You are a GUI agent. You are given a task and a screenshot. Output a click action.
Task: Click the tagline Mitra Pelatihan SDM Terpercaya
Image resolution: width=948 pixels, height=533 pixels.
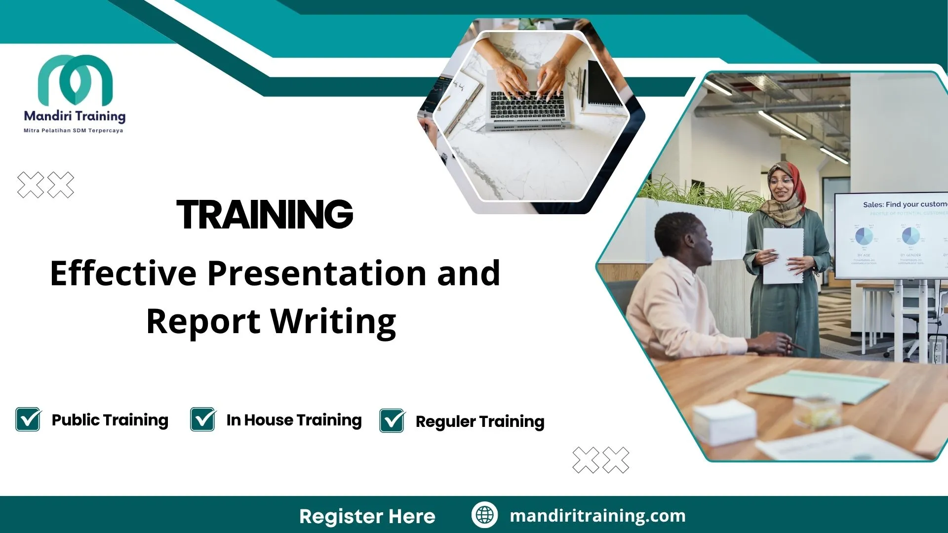tap(74, 131)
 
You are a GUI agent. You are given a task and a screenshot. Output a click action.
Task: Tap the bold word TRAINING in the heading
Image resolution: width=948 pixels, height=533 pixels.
tap(265, 215)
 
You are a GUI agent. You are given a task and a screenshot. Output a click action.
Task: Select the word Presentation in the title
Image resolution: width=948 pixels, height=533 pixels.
tap(316, 273)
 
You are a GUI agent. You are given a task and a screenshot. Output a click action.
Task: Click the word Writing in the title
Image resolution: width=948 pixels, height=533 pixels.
tap(333, 321)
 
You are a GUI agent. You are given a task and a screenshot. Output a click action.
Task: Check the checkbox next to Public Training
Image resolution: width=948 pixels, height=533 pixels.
tap(28, 419)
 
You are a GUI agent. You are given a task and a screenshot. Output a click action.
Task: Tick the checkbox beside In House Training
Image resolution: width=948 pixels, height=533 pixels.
tap(203, 419)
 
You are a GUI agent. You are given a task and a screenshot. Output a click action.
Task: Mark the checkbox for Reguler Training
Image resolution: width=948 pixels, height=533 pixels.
tap(392, 421)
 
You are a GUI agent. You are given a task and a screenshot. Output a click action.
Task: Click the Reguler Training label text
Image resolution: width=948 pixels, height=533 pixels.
tap(479, 421)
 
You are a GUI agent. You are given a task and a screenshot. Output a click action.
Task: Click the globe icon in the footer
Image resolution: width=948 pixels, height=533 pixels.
tap(484, 515)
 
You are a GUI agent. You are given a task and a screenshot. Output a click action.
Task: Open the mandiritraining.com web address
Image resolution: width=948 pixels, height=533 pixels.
tap(597, 516)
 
